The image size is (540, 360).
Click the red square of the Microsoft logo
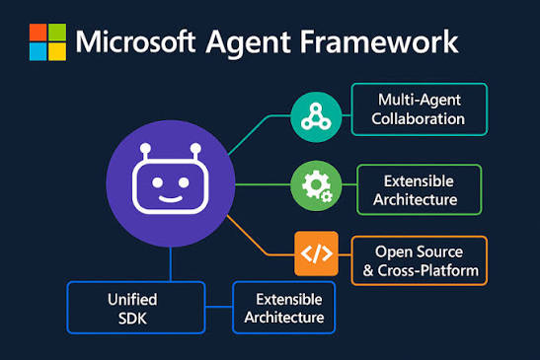[x=38, y=33]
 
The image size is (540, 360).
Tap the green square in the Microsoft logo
[x=57, y=33]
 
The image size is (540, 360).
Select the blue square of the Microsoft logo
[x=38, y=51]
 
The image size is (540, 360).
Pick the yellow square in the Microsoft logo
[x=57, y=51]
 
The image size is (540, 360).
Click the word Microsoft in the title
[x=135, y=41]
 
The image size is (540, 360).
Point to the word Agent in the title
[x=248, y=43]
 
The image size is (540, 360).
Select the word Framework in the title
[x=379, y=41]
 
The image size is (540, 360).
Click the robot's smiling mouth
[x=170, y=198]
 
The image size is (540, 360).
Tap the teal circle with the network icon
[x=316, y=117]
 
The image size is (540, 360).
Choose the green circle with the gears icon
[x=316, y=185]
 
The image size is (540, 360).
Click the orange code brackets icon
[x=317, y=253]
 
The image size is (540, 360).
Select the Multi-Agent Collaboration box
[x=420, y=109]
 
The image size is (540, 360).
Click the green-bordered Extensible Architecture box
[x=420, y=190]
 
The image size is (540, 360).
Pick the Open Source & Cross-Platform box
[x=420, y=261]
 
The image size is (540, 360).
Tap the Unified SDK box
[x=136, y=308]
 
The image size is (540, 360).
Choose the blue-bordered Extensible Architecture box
[x=283, y=308]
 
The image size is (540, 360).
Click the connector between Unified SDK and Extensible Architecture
[x=219, y=307]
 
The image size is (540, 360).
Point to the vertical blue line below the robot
[x=171, y=264]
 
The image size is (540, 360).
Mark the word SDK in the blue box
[x=132, y=318]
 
